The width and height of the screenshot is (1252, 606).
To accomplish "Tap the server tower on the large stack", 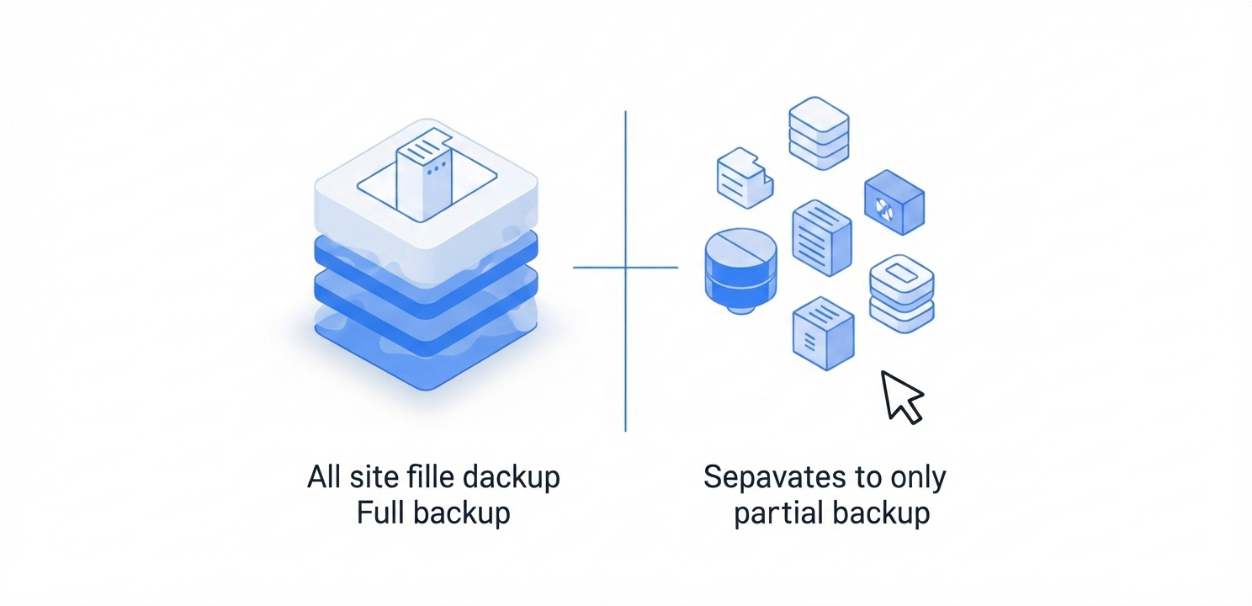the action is [424, 174].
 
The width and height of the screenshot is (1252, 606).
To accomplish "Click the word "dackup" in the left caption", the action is [512, 478].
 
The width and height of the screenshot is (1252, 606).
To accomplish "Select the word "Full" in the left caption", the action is [380, 513].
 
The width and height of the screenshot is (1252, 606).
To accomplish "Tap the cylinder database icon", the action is [740, 270].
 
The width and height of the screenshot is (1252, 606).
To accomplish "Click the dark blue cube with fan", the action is [894, 202].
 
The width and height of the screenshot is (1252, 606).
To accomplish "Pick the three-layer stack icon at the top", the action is [819, 133].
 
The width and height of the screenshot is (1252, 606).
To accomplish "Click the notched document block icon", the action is [745, 178].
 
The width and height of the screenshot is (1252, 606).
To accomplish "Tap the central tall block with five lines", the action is [822, 237].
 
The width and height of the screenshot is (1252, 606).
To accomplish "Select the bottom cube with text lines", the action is [823, 333].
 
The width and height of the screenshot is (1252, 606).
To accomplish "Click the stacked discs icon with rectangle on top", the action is [901, 294].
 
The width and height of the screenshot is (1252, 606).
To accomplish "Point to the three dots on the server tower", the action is [437, 167].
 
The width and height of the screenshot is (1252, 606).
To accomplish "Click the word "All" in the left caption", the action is [324, 478].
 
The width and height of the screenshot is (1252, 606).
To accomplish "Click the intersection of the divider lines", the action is [625, 267].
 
